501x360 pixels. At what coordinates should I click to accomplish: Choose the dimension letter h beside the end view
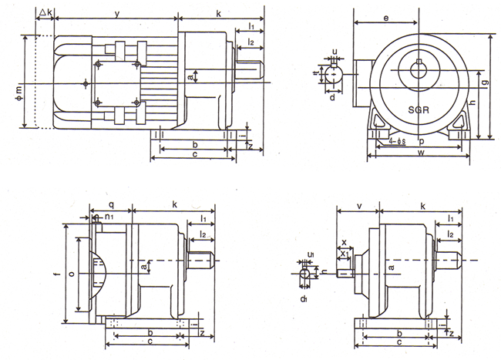[472, 103]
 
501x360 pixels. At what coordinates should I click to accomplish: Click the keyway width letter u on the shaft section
[335, 52]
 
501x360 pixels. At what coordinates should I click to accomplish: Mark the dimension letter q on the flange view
[111, 207]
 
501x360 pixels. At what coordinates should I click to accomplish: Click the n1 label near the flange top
[110, 217]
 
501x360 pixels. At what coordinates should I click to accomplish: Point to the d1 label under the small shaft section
[305, 297]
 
